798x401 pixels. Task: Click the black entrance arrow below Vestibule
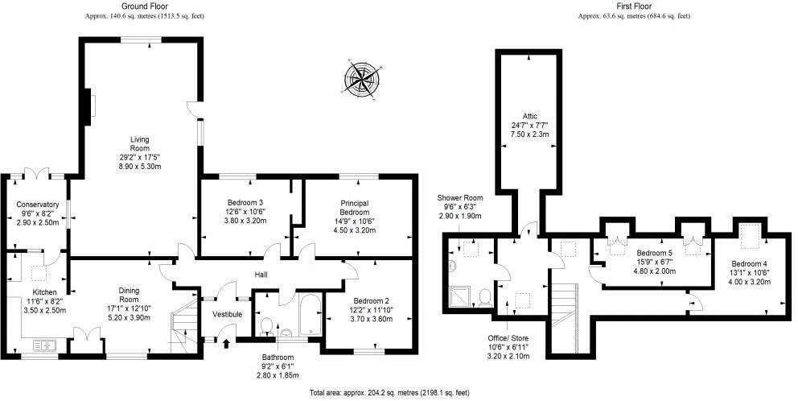click(226, 345)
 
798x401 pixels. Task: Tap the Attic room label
click(529, 114)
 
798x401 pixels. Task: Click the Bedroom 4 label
click(748, 263)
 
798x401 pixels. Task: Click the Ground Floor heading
click(144, 6)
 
